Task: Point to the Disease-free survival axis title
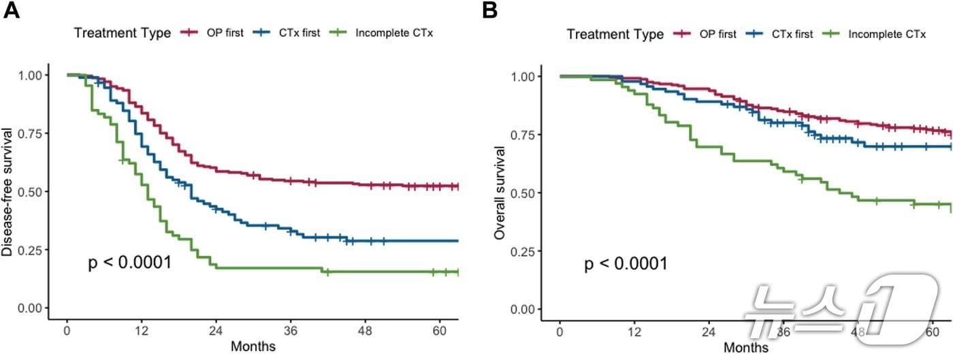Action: [8, 192]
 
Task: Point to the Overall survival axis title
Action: [501, 193]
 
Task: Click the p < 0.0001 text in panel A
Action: [130, 263]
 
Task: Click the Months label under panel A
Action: [253, 346]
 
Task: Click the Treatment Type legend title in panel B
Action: [615, 34]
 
